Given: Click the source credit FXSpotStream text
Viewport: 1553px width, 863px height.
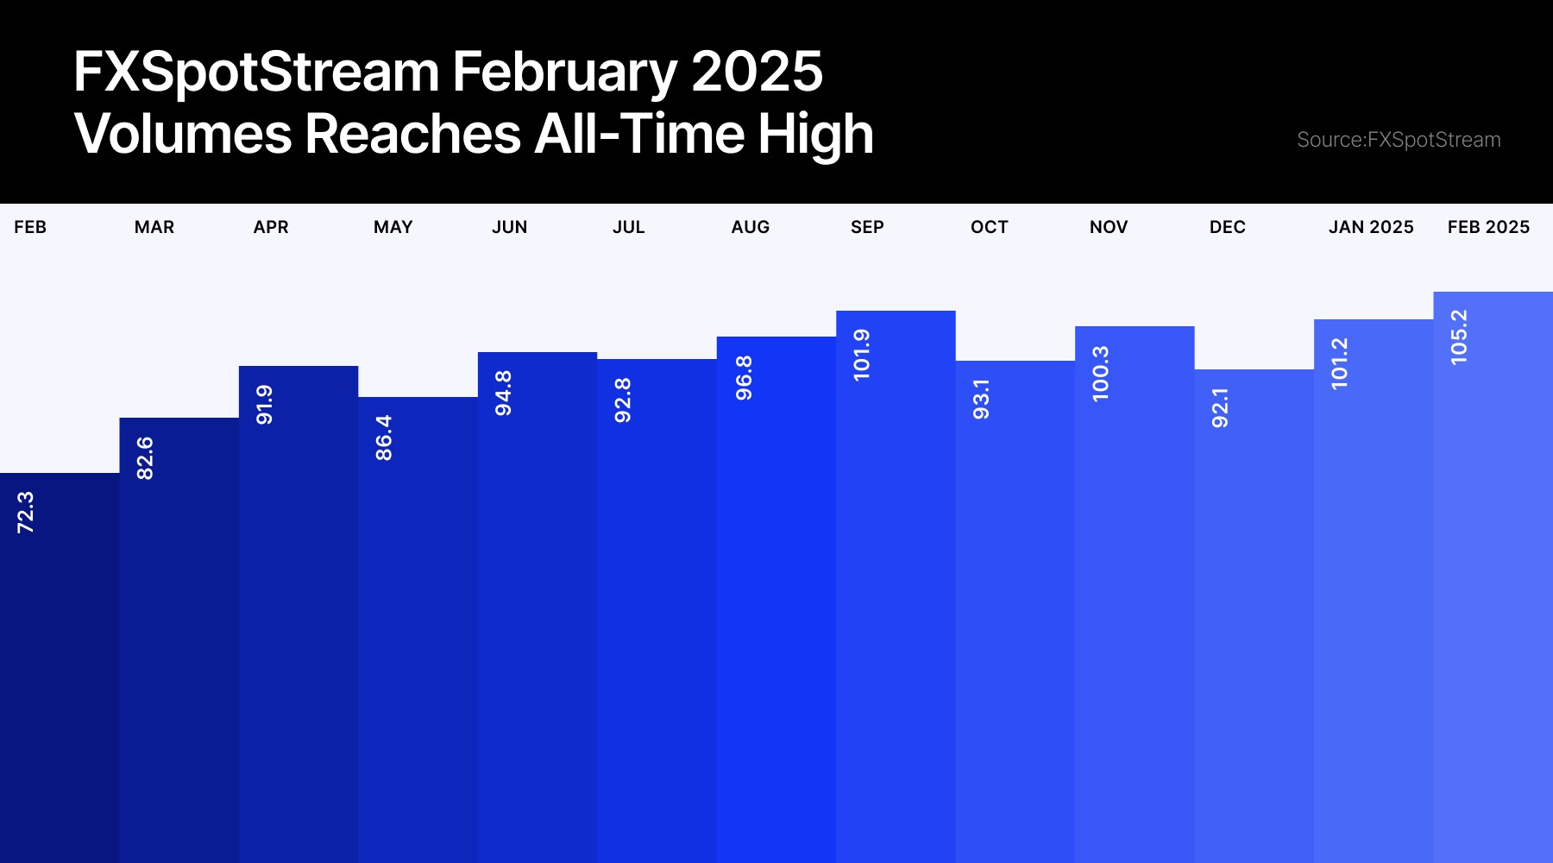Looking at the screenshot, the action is (x=1399, y=140).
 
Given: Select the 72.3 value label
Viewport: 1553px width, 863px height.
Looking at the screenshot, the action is (x=26, y=513).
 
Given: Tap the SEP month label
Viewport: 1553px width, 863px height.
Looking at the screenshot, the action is (x=867, y=227).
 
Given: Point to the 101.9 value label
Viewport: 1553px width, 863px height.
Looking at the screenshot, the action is (x=861, y=355).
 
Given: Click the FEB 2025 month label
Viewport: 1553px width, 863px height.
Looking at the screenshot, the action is (x=1488, y=227).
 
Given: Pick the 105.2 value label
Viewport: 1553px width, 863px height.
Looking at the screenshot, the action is (x=1458, y=337).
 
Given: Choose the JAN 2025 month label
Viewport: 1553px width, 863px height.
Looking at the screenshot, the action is (x=1371, y=227).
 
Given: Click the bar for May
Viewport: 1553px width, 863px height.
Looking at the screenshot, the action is (x=418, y=630).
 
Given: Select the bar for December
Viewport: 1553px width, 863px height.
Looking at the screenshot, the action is (x=1254, y=616).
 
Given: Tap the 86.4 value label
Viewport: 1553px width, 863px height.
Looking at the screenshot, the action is (x=384, y=438).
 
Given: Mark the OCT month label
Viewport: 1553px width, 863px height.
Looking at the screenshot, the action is (x=989, y=227).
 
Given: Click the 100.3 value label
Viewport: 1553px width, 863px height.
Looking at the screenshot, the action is (x=1100, y=374).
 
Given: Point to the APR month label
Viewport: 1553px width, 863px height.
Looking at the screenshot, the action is (x=271, y=227).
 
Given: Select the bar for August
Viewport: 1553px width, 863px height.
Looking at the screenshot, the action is (x=776, y=600).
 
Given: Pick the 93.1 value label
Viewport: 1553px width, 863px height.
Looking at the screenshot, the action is (x=981, y=400).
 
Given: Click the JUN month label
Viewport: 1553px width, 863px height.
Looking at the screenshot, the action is (x=509, y=227).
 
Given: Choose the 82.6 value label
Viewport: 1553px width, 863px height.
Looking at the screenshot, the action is (x=145, y=458).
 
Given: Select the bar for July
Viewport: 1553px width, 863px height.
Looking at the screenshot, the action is (x=657, y=611).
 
